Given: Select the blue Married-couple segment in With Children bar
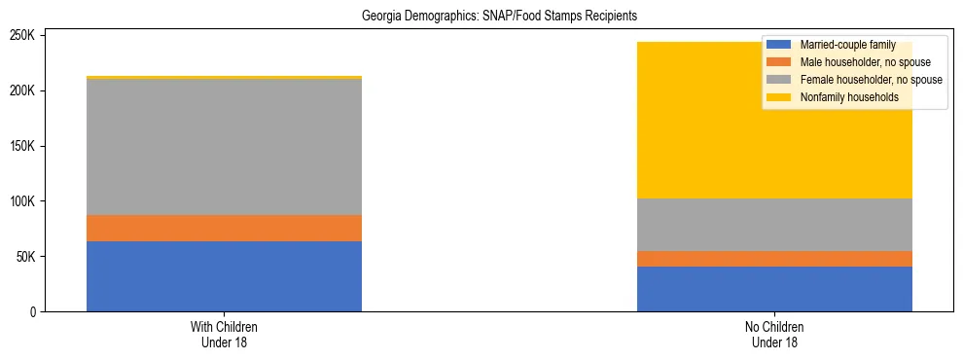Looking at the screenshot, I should tap(224, 276).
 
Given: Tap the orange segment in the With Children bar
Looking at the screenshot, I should tap(224, 228).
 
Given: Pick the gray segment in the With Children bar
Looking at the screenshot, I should tap(224, 147).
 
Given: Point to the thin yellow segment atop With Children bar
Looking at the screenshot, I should tap(224, 77).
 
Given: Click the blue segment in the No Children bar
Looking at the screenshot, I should tap(774, 289).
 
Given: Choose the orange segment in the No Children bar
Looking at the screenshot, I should tap(774, 259).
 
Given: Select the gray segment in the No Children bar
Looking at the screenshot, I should tap(774, 225).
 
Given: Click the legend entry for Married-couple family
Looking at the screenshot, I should tap(854, 45).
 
